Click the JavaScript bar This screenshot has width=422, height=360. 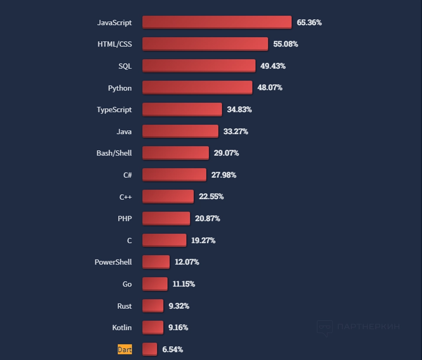coord(217,22)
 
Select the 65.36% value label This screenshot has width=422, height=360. coord(309,23)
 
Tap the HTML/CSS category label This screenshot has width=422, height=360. coord(114,44)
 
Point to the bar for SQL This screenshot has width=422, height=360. coord(198,66)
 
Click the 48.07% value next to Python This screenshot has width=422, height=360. coord(269,88)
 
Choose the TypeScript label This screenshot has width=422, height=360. coord(114,110)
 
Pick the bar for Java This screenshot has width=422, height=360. coord(180,131)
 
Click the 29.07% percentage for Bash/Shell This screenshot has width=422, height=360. coord(226,153)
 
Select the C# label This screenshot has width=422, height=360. coord(127,175)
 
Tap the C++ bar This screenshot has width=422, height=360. coord(168,196)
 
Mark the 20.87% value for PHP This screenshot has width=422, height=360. coord(207,218)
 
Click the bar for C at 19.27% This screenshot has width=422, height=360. coord(164,240)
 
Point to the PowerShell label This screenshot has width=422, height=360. coord(113,262)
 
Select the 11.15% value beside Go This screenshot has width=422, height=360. coord(183,284)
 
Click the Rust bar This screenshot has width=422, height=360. coord(153,305)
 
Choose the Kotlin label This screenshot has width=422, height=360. coord(122,328)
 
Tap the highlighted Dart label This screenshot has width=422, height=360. coord(125,349)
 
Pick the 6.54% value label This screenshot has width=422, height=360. coord(172,349)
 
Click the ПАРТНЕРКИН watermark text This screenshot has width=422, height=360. coord(368,327)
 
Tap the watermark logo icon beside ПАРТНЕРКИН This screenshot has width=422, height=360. coord(325,328)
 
